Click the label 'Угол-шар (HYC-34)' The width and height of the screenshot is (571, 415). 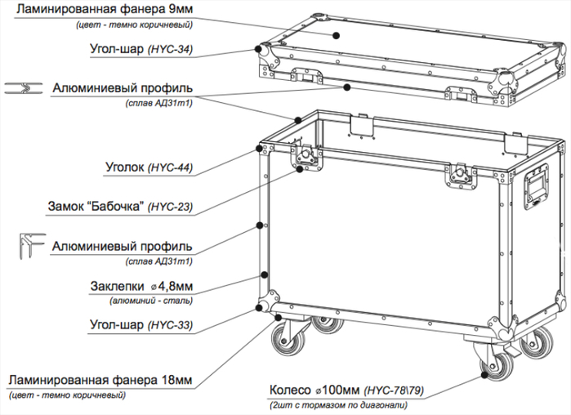point(140,49)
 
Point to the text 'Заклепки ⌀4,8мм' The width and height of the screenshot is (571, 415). point(140,287)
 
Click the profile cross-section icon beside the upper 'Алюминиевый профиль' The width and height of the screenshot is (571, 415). point(20,87)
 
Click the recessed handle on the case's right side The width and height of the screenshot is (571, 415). point(536,184)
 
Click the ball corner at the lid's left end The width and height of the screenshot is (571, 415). point(263,48)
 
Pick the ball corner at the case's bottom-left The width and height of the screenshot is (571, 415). point(265,306)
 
